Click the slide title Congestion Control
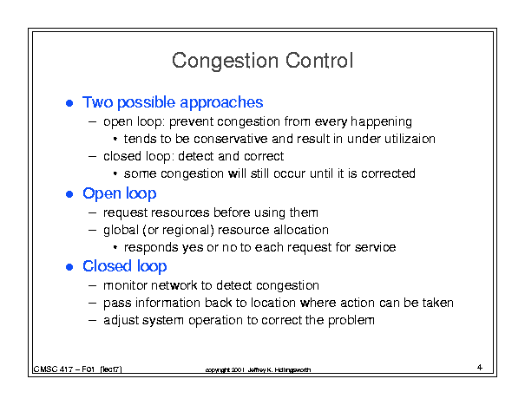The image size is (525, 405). [x=262, y=61]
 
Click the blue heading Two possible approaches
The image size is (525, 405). [x=173, y=102]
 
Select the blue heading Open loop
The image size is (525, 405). [x=120, y=193]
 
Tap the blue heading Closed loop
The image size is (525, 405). [x=125, y=266]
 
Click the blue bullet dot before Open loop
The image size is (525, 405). [x=69, y=194]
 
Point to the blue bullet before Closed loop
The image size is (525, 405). [x=69, y=267]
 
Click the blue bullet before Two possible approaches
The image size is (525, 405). [x=69, y=103]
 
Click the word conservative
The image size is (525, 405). [x=230, y=139]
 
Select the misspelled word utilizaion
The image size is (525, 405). [x=410, y=139]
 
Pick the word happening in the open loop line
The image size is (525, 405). [x=381, y=122]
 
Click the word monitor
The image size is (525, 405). [x=125, y=285]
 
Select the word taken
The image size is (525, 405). [x=437, y=303]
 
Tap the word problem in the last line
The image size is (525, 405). [x=351, y=321]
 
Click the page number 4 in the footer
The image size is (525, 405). [x=480, y=368]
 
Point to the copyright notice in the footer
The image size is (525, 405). [x=258, y=369]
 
